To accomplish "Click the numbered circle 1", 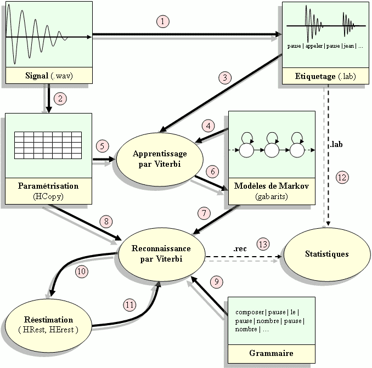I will point(162,21).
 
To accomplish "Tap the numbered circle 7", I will point(204,212).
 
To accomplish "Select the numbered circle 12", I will point(341,177).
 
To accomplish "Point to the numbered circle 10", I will point(81,270).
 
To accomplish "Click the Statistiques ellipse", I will point(326,254).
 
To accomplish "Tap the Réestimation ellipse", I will point(48,324).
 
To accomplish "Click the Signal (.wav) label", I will point(47,76).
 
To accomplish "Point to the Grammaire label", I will point(271,353).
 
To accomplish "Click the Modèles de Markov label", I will point(272,186).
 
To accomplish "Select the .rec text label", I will point(240,248).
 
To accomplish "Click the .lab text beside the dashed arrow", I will point(337,145).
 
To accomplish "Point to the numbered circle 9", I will point(217,281).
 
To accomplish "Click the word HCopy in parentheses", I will point(48,195).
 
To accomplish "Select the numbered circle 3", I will point(225,76).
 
